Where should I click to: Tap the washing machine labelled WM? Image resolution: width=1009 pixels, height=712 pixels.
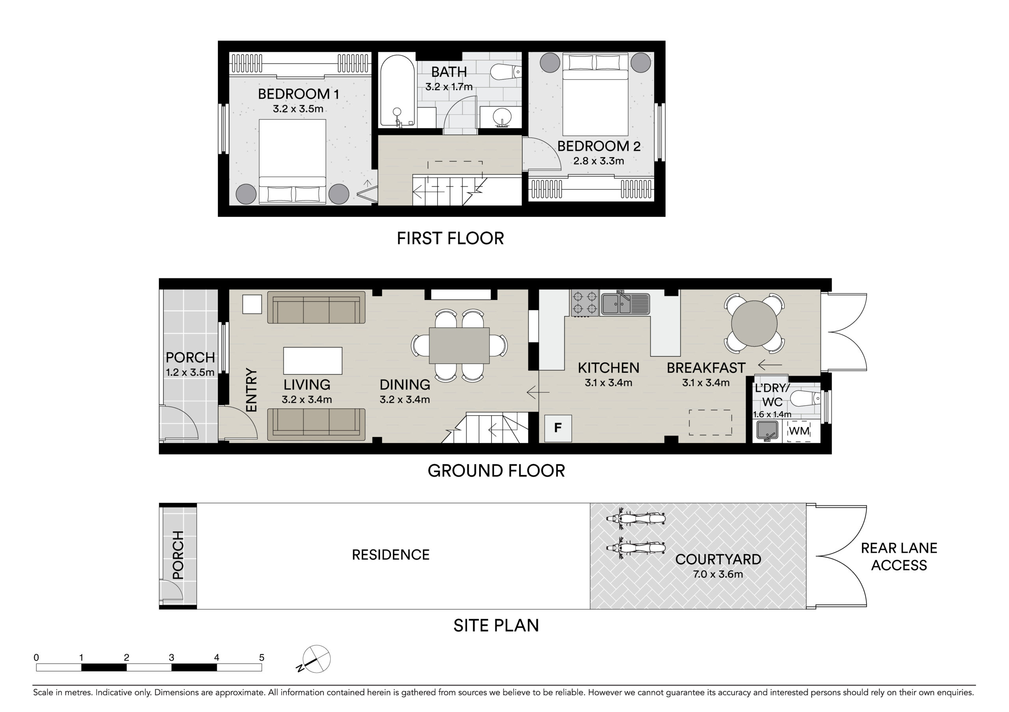[x=799, y=431]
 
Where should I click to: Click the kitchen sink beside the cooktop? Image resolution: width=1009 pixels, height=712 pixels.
[x=625, y=303]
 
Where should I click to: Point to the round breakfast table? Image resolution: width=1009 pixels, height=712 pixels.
[x=754, y=324]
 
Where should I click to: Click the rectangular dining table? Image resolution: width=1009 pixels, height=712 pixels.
[x=459, y=346]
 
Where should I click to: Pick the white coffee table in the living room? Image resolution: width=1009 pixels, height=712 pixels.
[x=313, y=361]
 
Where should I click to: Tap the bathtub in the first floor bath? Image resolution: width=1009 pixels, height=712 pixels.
[x=397, y=91]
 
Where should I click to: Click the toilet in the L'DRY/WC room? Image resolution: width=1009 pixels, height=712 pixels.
[x=805, y=399]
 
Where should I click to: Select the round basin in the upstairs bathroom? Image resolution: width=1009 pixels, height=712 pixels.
[x=501, y=117]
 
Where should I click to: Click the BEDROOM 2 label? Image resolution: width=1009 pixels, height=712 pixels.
[x=599, y=146]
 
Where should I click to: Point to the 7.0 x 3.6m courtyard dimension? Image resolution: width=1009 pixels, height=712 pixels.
[x=718, y=574]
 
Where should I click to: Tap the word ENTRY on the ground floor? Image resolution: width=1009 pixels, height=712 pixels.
[x=251, y=389]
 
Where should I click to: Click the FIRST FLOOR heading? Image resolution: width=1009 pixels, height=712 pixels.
[x=451, y=239]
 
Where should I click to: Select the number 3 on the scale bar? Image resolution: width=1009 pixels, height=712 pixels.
[x=171, y=657]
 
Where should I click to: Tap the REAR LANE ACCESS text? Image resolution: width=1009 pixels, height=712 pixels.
[x=899, y=557]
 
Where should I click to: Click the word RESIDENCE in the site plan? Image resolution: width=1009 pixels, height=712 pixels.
[x=391, y=555]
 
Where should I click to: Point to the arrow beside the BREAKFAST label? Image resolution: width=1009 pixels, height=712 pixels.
[x=770, y=365]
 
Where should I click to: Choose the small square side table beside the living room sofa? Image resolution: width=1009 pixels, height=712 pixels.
[x=252, y=304]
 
